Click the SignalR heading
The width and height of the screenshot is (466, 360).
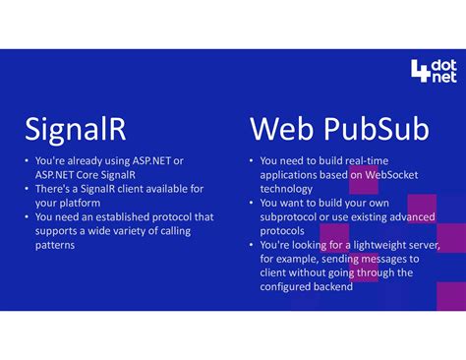(76, 128)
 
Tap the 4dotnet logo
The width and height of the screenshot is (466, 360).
(433, 71)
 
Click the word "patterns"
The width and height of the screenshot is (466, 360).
(55, 245)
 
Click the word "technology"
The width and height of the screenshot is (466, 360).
(286, 189)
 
